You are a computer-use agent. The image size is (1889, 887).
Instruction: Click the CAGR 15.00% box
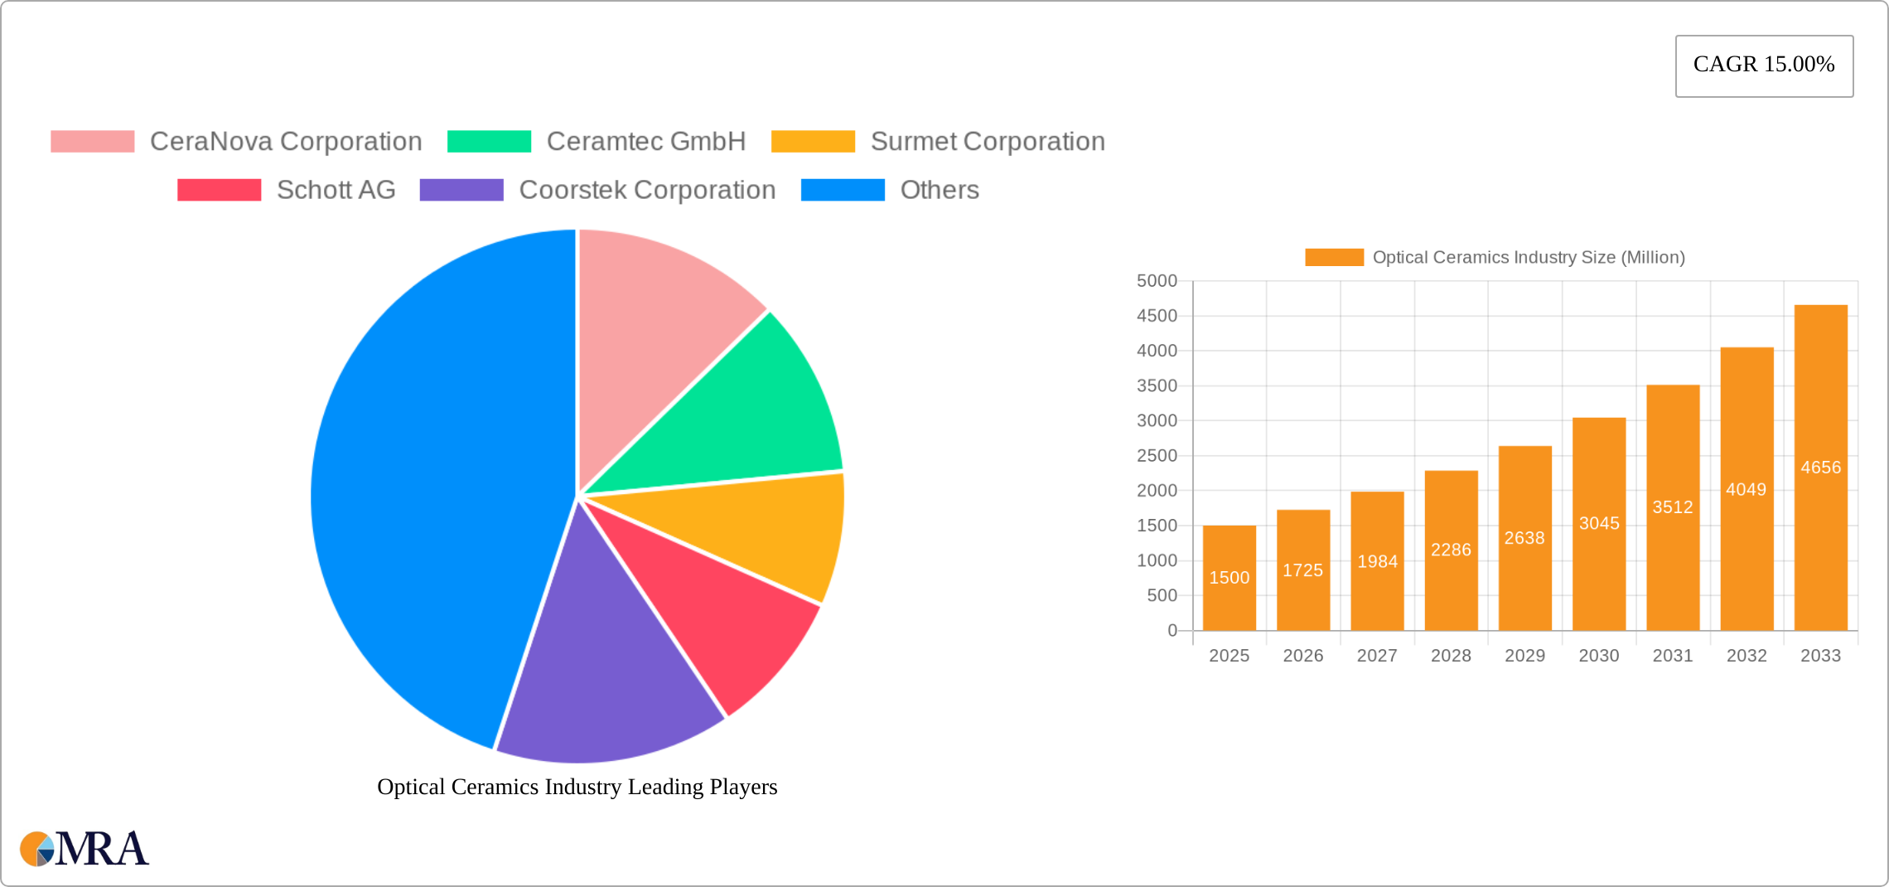pos(1764,65)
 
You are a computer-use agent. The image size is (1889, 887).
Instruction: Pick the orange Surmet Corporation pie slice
pos(762,531)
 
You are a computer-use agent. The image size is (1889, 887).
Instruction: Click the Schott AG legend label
pos(336,190)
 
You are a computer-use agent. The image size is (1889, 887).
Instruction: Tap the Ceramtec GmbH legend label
pos(645,142)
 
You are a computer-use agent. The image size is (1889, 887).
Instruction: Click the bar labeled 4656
pos(1820,468)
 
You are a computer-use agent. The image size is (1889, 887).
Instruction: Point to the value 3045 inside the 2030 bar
pos(1598,523)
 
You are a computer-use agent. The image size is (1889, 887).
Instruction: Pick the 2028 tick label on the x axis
pos(1451,656)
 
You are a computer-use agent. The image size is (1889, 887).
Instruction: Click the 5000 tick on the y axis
pos(1157,281)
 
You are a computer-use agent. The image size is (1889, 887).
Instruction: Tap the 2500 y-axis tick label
pos(1157,456)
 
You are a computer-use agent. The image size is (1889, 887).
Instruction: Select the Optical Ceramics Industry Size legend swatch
pos(1334,257)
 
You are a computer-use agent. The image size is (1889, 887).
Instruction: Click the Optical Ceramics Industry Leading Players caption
pos(577,787)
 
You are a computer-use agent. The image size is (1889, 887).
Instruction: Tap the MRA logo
pos(85,849)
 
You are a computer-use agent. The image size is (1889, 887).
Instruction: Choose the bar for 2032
pos(1746,489)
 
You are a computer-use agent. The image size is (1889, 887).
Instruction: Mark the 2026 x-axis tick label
pos(1302,656)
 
